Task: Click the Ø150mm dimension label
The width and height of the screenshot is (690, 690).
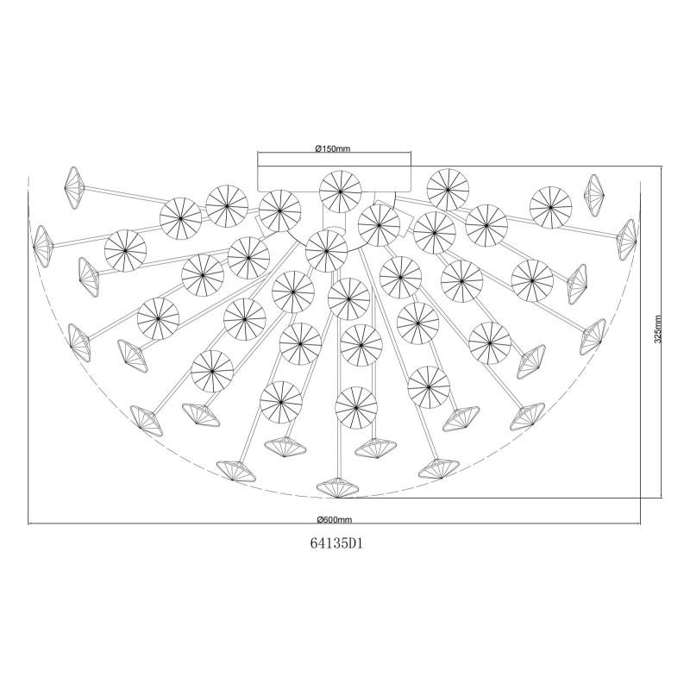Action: (x=332, y=148)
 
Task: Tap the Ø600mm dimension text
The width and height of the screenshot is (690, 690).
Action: (x=335, y=519)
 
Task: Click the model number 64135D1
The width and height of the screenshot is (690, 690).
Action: (x=336, y=544)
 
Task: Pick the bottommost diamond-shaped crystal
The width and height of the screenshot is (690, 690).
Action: (x=337, y=487)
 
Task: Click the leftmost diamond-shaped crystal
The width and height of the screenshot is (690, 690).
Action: (x=42, y=246)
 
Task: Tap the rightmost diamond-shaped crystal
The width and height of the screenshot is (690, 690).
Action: (x=628, y=240)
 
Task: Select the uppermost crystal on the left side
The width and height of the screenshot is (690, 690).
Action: (x=74, y=187)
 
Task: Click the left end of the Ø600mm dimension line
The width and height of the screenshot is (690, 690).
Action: (x=28, y=524)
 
